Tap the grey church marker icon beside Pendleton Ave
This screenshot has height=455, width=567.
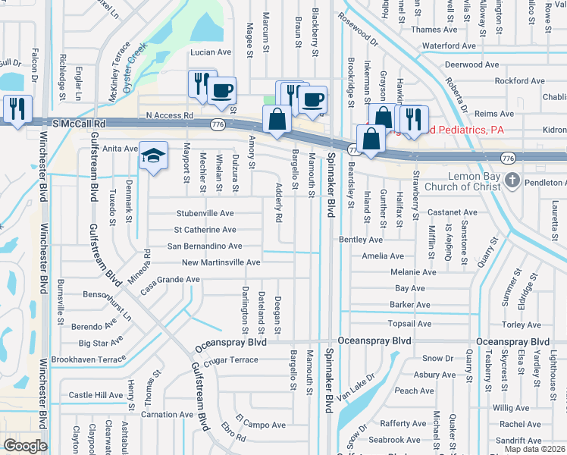point(513,181)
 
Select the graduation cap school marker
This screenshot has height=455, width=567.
point(153,156)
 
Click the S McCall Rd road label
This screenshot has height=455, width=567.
point(80,122)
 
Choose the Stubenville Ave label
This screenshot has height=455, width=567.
point(205,214)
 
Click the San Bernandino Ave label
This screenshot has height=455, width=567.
point(205,246)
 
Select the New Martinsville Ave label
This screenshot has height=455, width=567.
point(221,262)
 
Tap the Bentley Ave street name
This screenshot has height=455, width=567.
point(361,240)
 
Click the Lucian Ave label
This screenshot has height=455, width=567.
point(210,52)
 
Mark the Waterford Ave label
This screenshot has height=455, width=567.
point(449,45)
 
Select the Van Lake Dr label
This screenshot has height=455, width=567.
point(357,387)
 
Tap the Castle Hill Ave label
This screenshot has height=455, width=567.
point(96,395)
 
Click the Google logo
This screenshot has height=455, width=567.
point(25,446)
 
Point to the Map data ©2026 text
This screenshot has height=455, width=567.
point(534,449)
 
